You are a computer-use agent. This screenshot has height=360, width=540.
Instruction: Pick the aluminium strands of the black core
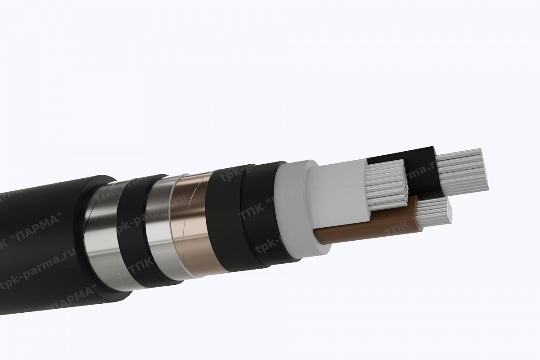click(463, 171)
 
